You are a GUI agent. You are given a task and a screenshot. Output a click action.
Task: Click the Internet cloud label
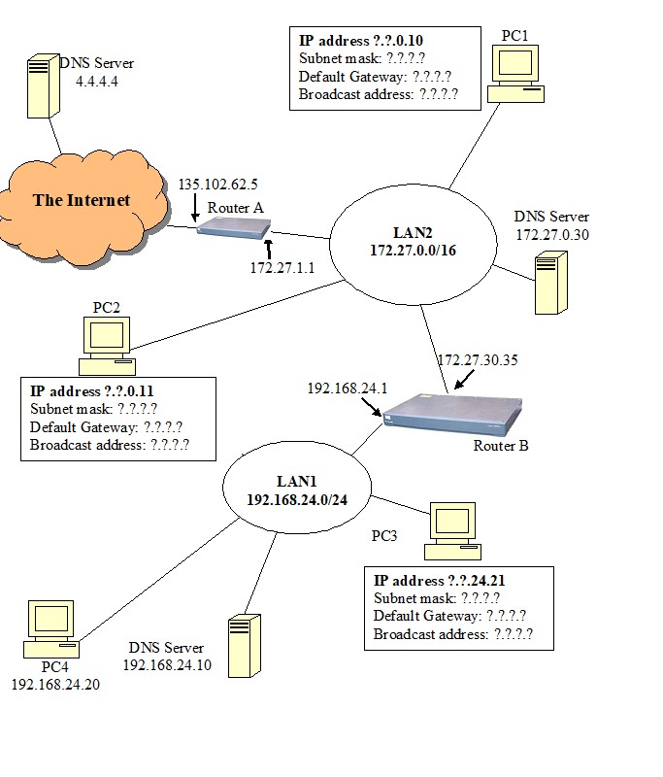point(82,201)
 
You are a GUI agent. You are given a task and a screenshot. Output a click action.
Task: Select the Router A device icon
point(233,227)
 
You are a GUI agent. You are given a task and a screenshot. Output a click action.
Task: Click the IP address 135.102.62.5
point(217,184)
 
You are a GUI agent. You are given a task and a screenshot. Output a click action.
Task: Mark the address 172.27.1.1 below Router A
point(282,266)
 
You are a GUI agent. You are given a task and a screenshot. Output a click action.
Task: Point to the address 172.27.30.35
point(477,360)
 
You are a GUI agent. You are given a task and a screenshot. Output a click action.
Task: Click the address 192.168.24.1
point(347,388)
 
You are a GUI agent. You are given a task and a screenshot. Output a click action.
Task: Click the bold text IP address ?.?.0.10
point(360,42)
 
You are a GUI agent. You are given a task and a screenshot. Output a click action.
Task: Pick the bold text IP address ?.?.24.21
point(439,581)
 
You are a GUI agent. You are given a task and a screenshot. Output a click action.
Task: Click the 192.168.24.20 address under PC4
point(55,684)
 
